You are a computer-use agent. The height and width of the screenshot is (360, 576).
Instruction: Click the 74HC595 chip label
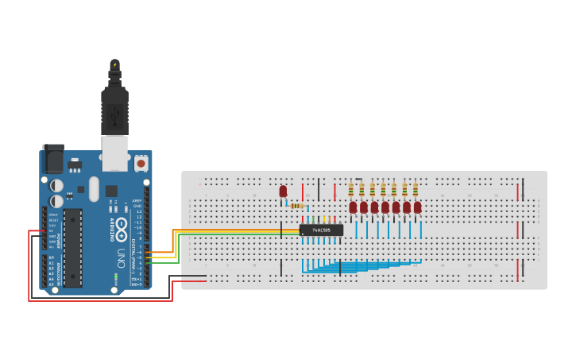[321, 230]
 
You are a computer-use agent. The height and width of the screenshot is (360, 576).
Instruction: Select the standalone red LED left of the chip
[283, 192]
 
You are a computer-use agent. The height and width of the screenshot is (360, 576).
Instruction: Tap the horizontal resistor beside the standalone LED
[297, 206]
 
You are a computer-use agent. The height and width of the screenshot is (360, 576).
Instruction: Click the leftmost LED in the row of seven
[353, 207]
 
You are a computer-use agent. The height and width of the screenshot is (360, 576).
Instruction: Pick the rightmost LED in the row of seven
[417, 207]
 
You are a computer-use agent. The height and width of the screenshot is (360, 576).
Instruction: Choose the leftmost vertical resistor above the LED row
[351, 189]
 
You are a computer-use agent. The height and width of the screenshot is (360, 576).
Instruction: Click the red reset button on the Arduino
[141, 164]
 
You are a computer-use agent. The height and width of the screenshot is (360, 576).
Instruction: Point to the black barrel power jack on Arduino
[53, 158]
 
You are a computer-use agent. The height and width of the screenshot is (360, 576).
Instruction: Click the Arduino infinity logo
[121, 230]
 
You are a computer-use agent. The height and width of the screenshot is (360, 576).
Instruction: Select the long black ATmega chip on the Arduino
[73, 247]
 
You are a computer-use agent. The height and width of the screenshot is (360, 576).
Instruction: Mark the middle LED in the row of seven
[385, 207]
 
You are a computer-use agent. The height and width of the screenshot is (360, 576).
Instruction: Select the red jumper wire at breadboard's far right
[518, 192]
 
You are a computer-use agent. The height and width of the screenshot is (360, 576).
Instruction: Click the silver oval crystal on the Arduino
[94, 188]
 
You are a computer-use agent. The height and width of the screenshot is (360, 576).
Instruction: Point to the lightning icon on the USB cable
[114, 64]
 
